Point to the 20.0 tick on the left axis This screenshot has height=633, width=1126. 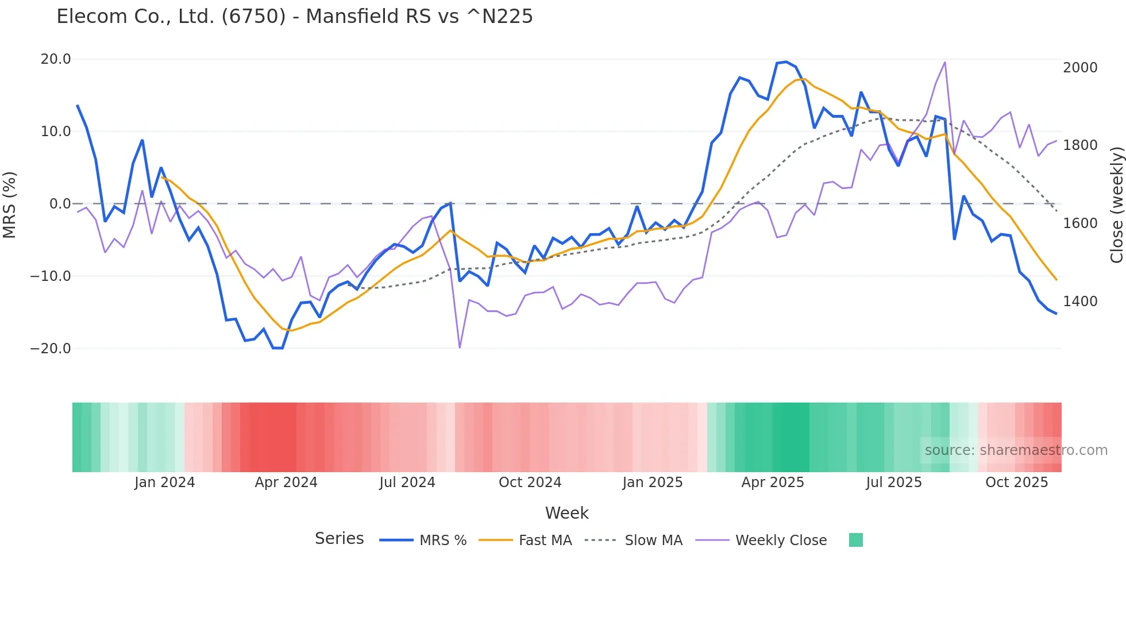point(56,59)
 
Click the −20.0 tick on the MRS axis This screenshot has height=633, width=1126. point(51,349)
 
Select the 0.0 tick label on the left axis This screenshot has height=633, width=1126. point(60,204)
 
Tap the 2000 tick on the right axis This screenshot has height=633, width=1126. point(1080,68)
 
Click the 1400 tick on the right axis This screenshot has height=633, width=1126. point(1080,302)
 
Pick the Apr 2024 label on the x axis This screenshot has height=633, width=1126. point(286,483)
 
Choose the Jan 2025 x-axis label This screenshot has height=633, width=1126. point(652,483)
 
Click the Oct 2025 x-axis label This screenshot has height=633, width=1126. point(1016,483)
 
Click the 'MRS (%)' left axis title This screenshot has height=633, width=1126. point(10,204)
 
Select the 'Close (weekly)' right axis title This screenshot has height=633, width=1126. point(1116,204)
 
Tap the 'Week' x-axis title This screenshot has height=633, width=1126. point(566,513)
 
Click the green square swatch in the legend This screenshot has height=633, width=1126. point(855,540)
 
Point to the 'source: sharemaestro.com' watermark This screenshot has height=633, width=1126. point(1016,450)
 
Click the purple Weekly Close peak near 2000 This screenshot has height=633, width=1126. point(944,63)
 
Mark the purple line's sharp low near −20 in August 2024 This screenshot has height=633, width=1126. point(460,348)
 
